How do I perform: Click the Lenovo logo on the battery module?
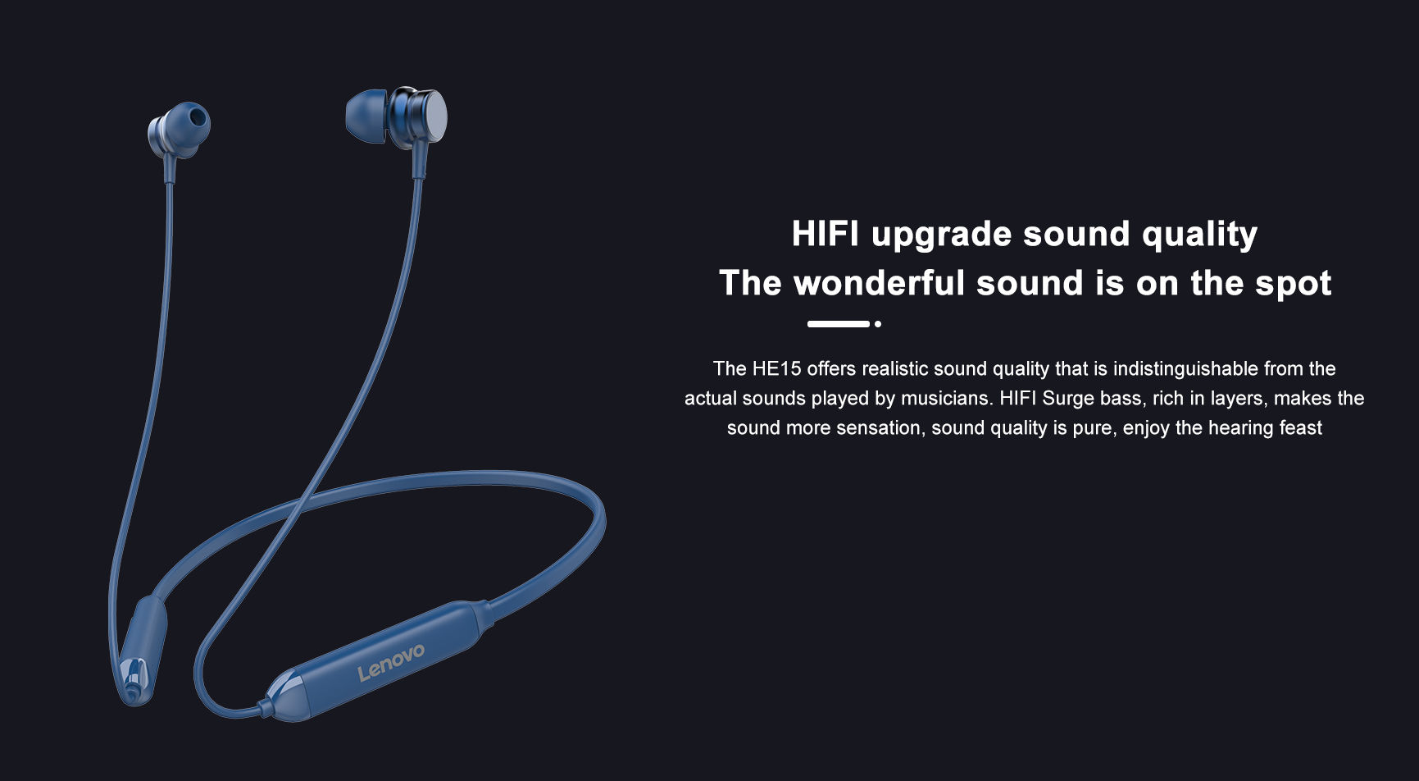[391, 661]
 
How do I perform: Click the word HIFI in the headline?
[825, 234]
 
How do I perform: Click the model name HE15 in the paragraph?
[776, 368]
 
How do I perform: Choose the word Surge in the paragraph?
[1068, 400]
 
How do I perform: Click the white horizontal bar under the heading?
[838, 324]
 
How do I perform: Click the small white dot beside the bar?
[878, 324]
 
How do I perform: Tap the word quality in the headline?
[1199, 236]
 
